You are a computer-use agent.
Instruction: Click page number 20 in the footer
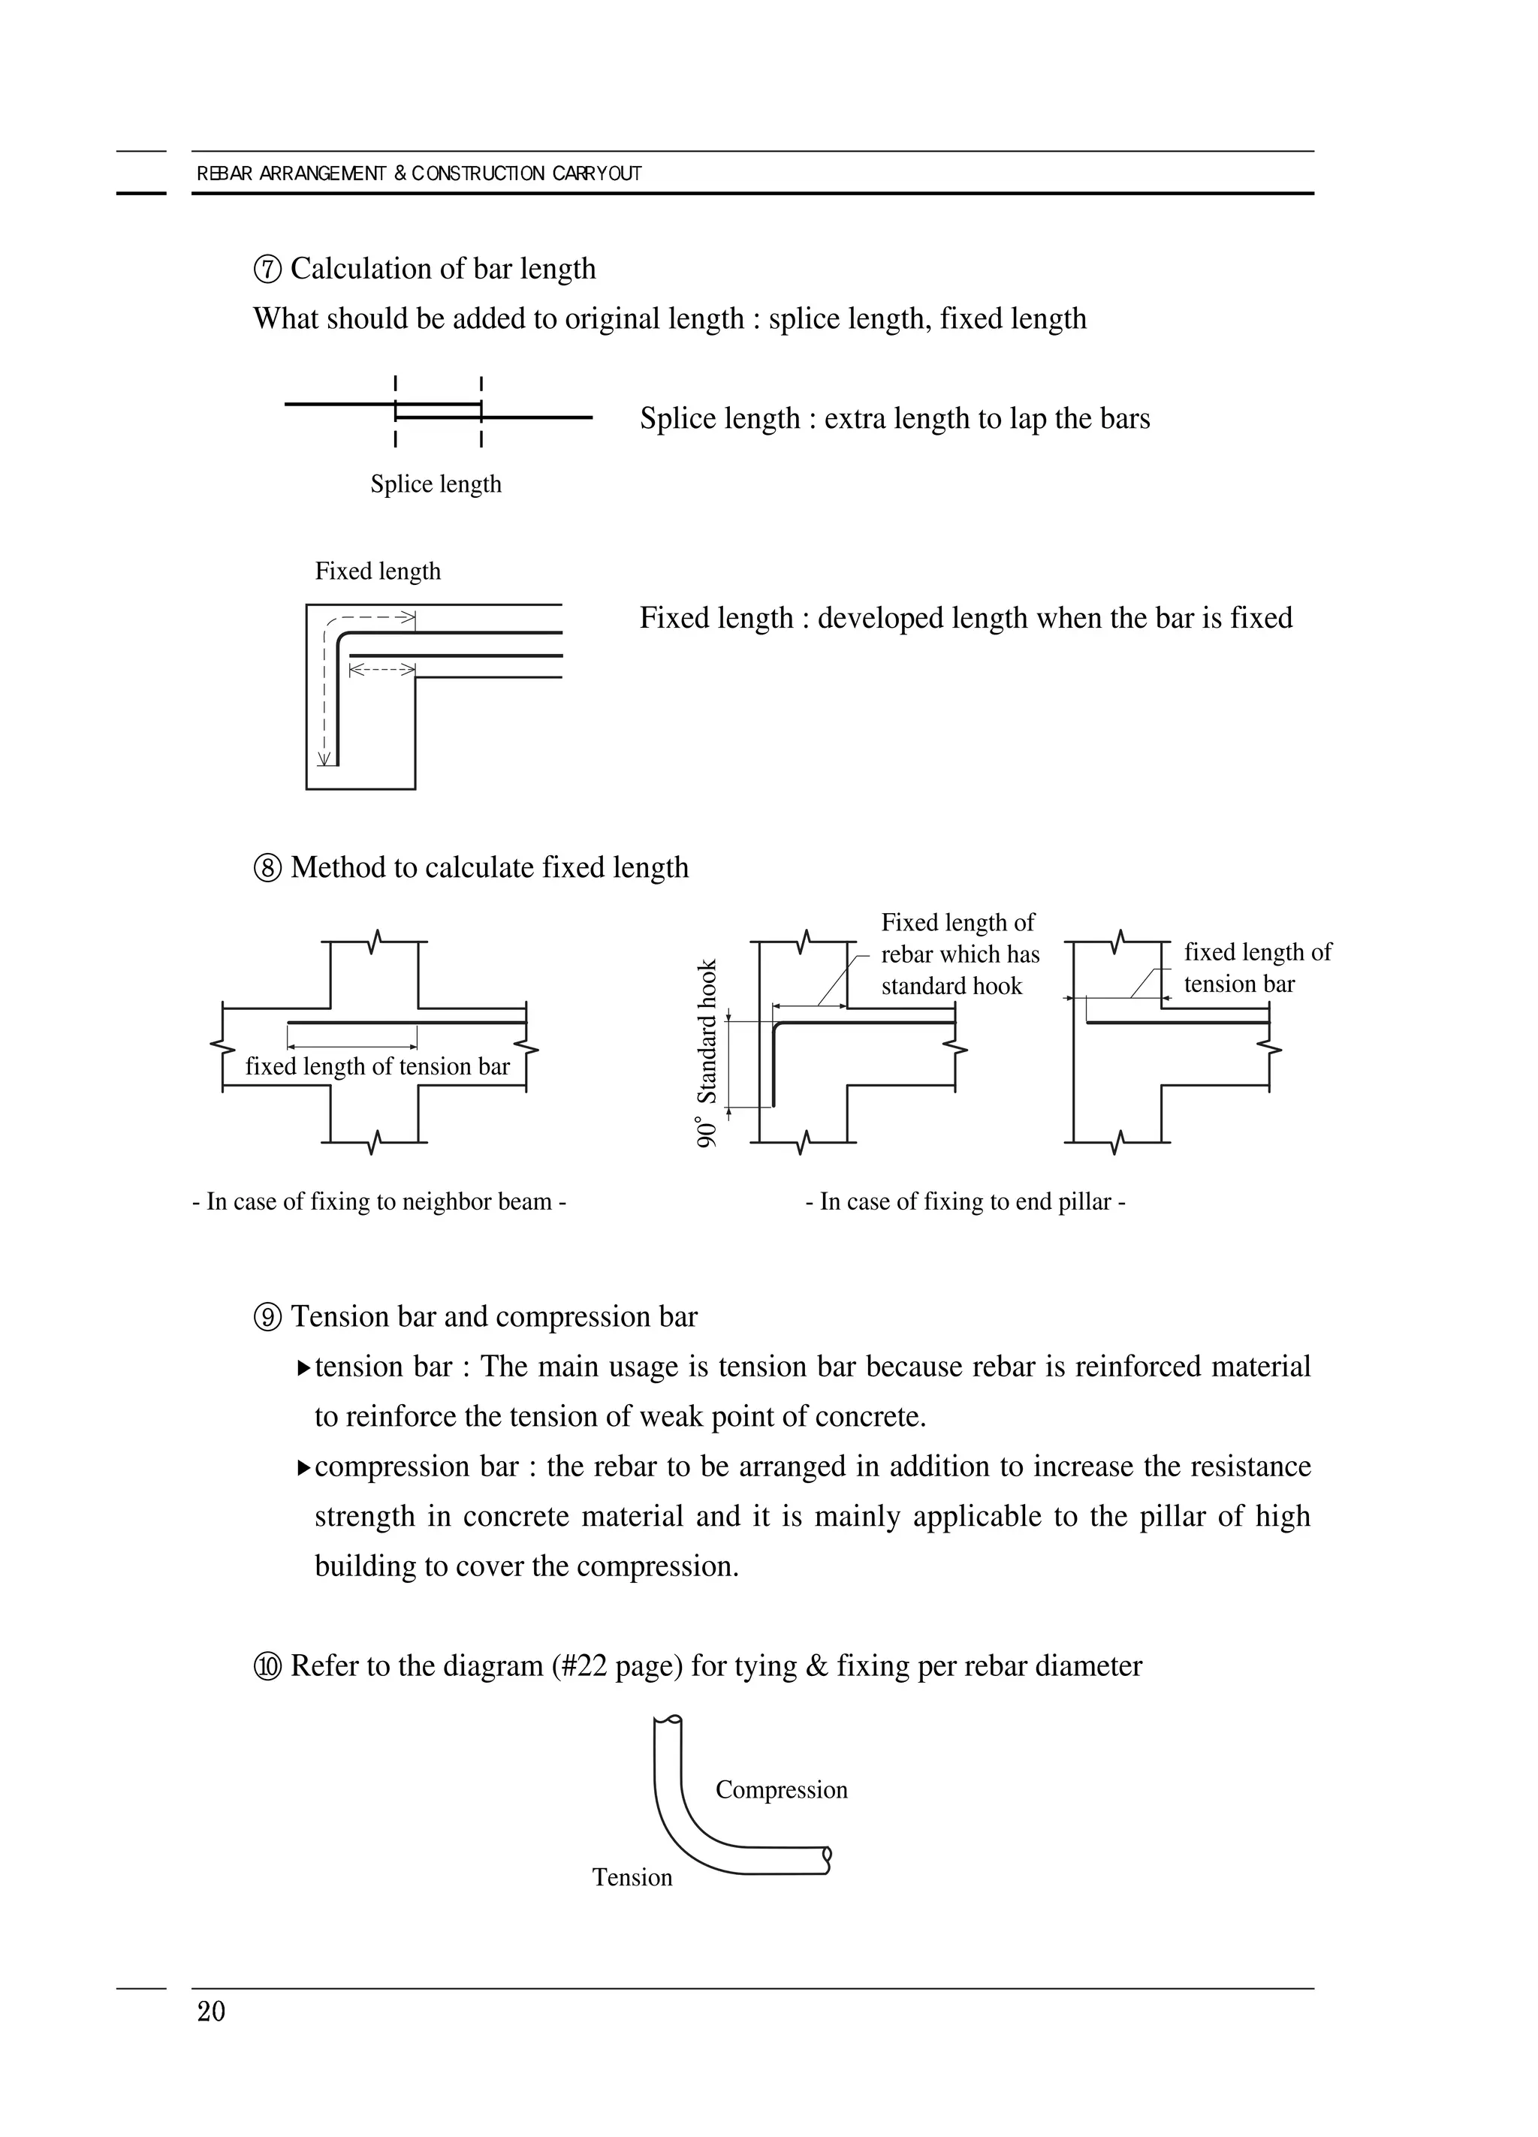(211, 2012)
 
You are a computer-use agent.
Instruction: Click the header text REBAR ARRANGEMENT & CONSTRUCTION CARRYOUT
(418, 173)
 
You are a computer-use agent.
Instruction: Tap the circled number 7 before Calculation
(267, 270)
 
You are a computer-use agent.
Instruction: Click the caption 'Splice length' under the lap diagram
(436, 484)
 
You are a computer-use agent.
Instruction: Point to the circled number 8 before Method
(267, 868)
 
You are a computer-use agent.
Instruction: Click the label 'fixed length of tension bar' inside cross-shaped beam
(377, 1065)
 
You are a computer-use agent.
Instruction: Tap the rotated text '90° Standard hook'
(707, 1053)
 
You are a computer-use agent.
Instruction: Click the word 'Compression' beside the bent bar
(781, 1789)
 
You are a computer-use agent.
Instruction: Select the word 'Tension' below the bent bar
(632, 1877)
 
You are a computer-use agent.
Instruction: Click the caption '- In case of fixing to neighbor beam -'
(378, 1201)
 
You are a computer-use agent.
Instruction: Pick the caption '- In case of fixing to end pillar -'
(965, 1201)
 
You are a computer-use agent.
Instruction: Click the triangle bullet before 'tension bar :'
(303, 1367)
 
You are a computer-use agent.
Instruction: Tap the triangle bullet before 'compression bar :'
(303, 1467)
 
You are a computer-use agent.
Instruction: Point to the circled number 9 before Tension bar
(267, 1317)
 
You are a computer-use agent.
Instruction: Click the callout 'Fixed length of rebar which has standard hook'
(959, 954)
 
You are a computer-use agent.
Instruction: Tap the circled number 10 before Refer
(267, 1667)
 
